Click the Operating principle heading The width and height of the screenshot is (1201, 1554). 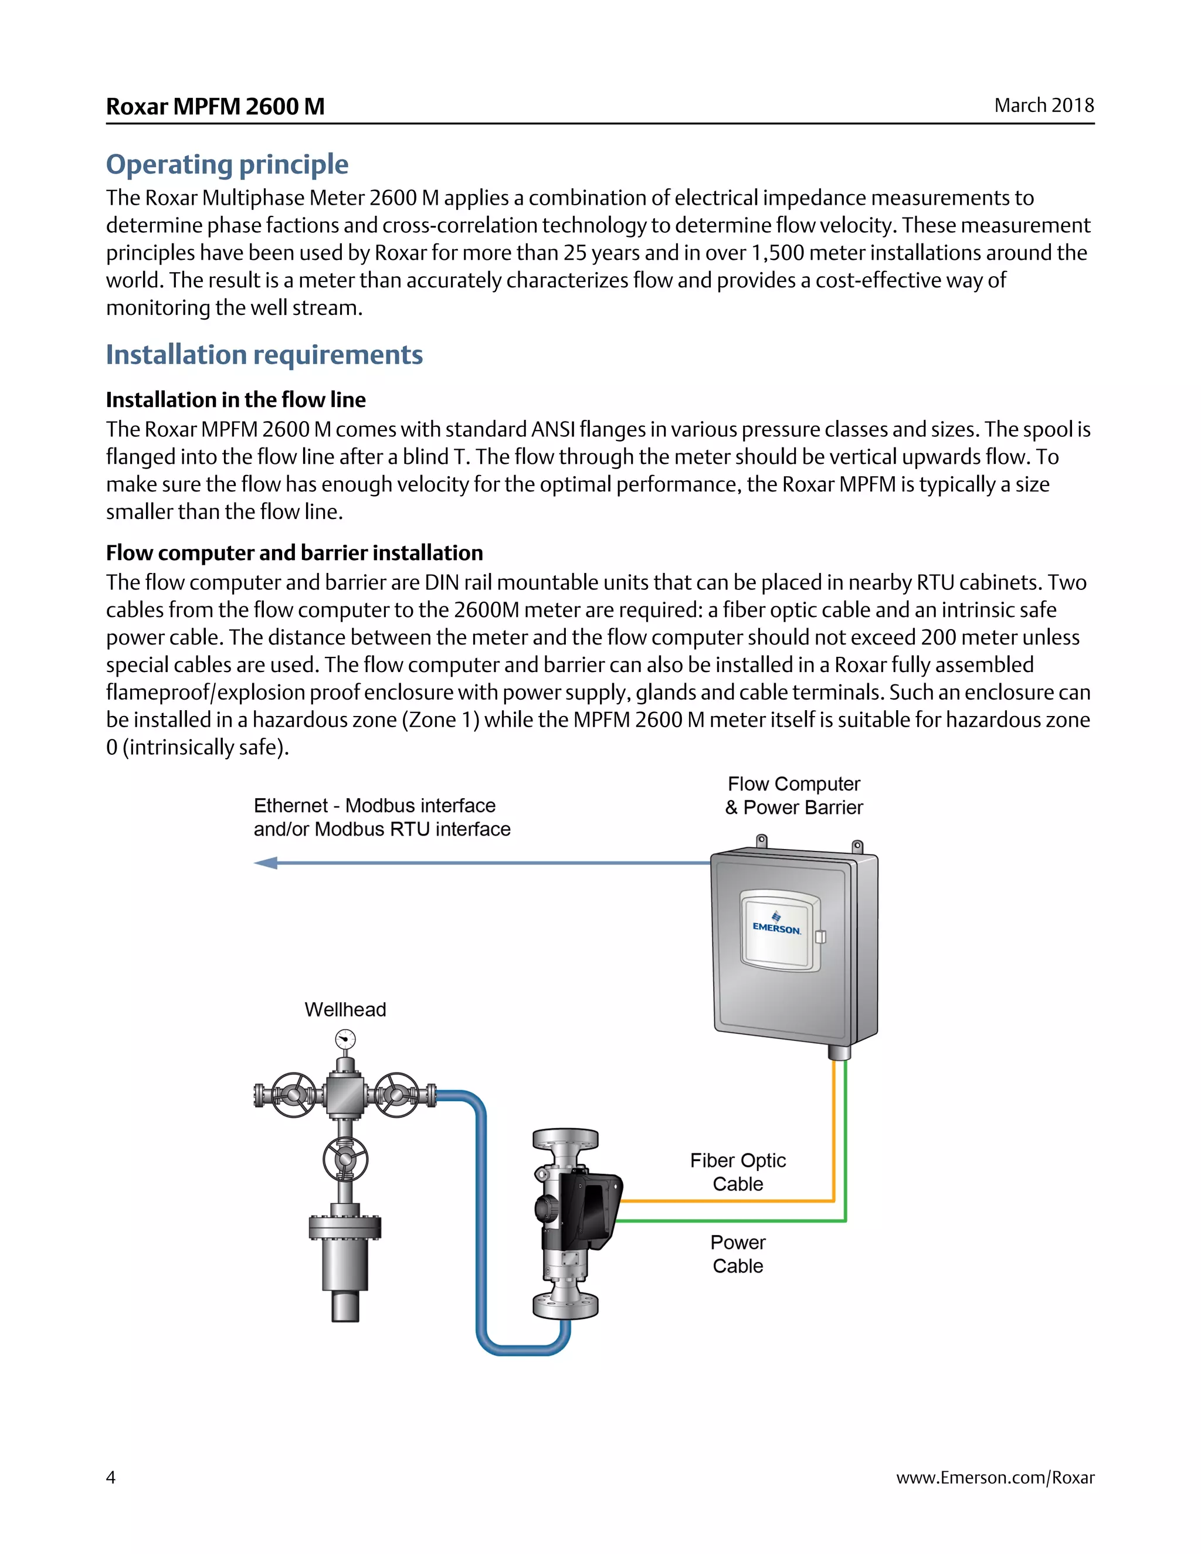227,164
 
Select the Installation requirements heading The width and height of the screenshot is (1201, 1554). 264,354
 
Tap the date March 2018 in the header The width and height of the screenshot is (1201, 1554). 1043,106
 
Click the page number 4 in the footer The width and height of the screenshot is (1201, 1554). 111,1477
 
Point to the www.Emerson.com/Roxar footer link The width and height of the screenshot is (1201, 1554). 995,1477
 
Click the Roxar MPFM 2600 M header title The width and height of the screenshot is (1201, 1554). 215,106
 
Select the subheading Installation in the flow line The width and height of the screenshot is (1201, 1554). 236,400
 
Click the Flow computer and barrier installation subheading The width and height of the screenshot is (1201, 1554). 294,553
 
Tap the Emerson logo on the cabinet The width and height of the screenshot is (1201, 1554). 776,924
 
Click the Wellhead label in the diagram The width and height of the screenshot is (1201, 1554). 345,1010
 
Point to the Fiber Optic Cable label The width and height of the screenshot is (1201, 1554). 738,1172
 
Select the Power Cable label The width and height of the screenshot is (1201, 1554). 738,1254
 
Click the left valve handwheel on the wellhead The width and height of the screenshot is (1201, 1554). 293,1094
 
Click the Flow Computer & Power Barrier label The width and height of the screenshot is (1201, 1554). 793,796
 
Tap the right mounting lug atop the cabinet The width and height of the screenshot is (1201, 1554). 857,847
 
